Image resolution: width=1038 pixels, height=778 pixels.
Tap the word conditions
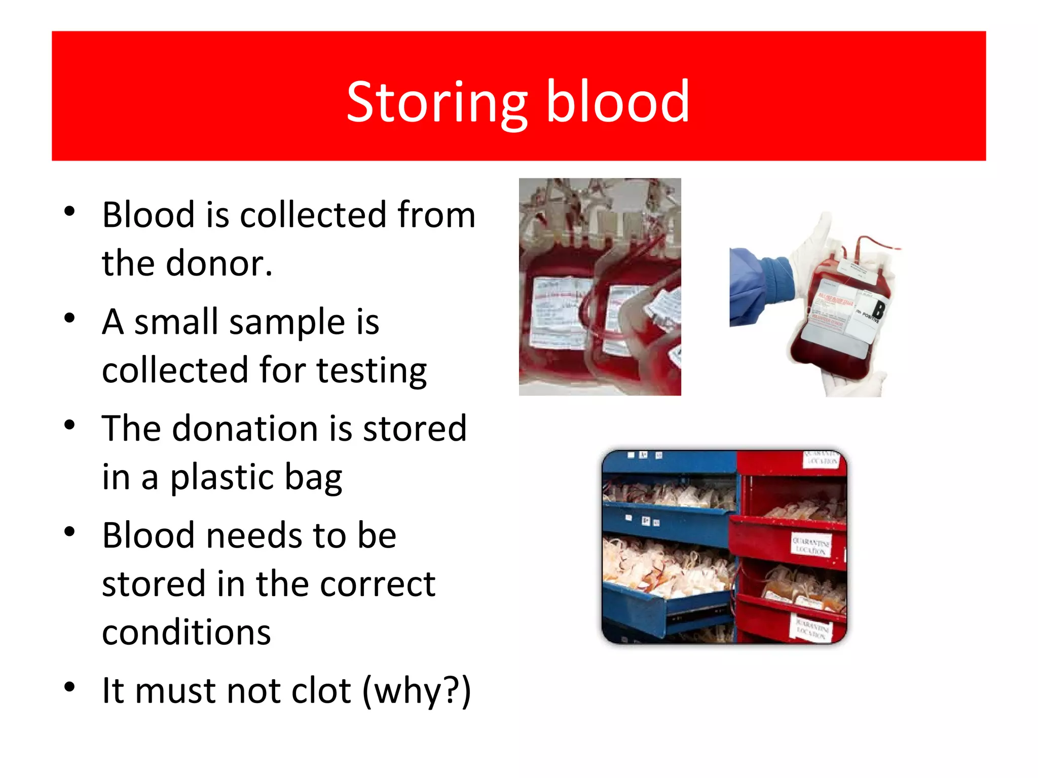[186, 633]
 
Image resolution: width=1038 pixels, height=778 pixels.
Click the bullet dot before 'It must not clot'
[69, 687]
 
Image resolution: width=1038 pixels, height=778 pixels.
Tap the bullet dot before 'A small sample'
[69, 319]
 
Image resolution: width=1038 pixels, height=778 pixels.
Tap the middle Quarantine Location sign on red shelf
[811, 545]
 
